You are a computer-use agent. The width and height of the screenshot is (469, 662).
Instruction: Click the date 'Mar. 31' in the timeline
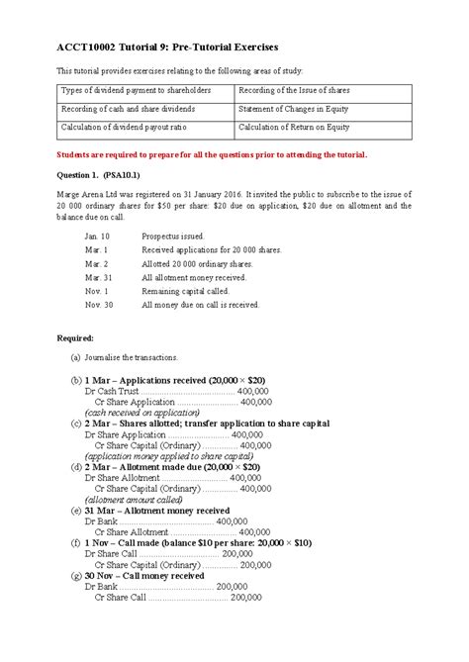tap(98, 278)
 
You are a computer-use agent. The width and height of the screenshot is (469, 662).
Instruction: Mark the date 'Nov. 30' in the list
tap(99, 305)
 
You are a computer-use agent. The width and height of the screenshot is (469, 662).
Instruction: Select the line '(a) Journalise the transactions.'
tap(124, 357)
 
